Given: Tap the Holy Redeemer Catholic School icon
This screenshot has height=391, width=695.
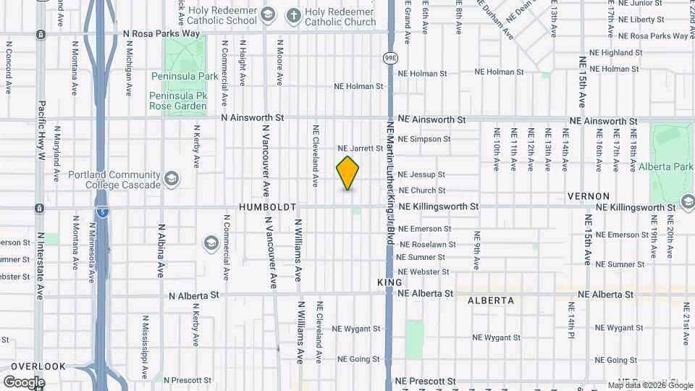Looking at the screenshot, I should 267,14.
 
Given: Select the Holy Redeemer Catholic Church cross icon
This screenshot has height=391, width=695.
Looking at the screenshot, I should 293,14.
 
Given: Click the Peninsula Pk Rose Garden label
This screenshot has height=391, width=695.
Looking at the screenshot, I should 178,101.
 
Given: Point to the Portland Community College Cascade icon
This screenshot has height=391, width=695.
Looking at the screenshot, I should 172,179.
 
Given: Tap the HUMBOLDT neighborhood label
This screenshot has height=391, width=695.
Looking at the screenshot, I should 268,207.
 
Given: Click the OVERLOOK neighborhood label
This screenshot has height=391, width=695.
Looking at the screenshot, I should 38,366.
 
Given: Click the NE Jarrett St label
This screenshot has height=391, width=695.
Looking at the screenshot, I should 360,148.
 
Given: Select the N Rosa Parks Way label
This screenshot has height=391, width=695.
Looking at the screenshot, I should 161,33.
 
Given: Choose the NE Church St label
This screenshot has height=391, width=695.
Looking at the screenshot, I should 421,190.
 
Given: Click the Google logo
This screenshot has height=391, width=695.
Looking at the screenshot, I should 24,382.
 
